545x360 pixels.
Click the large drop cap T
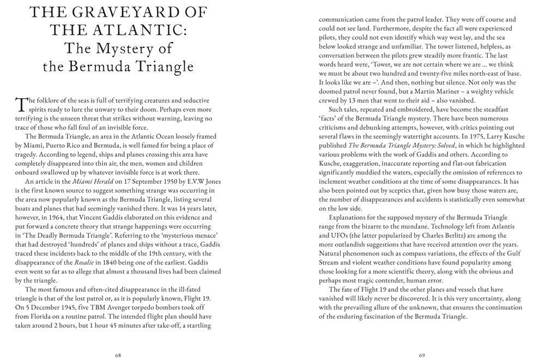(21, 103)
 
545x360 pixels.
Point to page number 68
(118, 355)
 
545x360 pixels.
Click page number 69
(422, 355)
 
